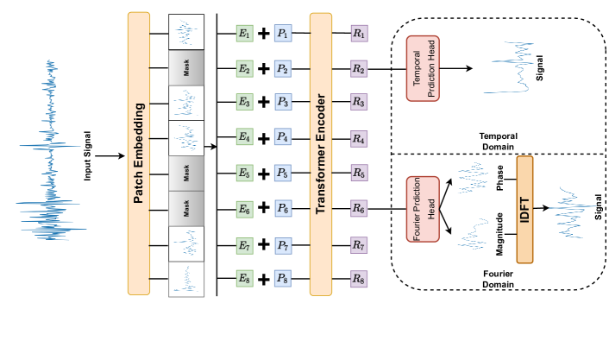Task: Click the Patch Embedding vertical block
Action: (x=138, y=153)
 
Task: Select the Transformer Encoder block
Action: (x=320, y=153)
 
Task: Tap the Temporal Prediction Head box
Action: (x=423, y=68)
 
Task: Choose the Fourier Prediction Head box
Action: (x=423, y=209)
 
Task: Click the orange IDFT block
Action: (x=524, y=209)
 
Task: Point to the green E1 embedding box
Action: (x=244, y=34)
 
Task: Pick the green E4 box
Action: (x=244, y=137)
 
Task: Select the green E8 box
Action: (x=244, y=278)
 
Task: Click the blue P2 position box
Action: (x=283, y=68)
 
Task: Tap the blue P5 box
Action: (x=283, y=174)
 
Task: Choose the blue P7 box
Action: (x=283, y=246)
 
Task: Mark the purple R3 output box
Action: (x=359, y=103)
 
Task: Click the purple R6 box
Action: (x=359, y=209)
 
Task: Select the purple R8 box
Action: (x=359, y=279)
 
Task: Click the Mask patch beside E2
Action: (x=186, y=67)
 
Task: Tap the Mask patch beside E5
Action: (x=186, y=173)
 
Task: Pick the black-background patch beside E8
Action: (x=186, y=279)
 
